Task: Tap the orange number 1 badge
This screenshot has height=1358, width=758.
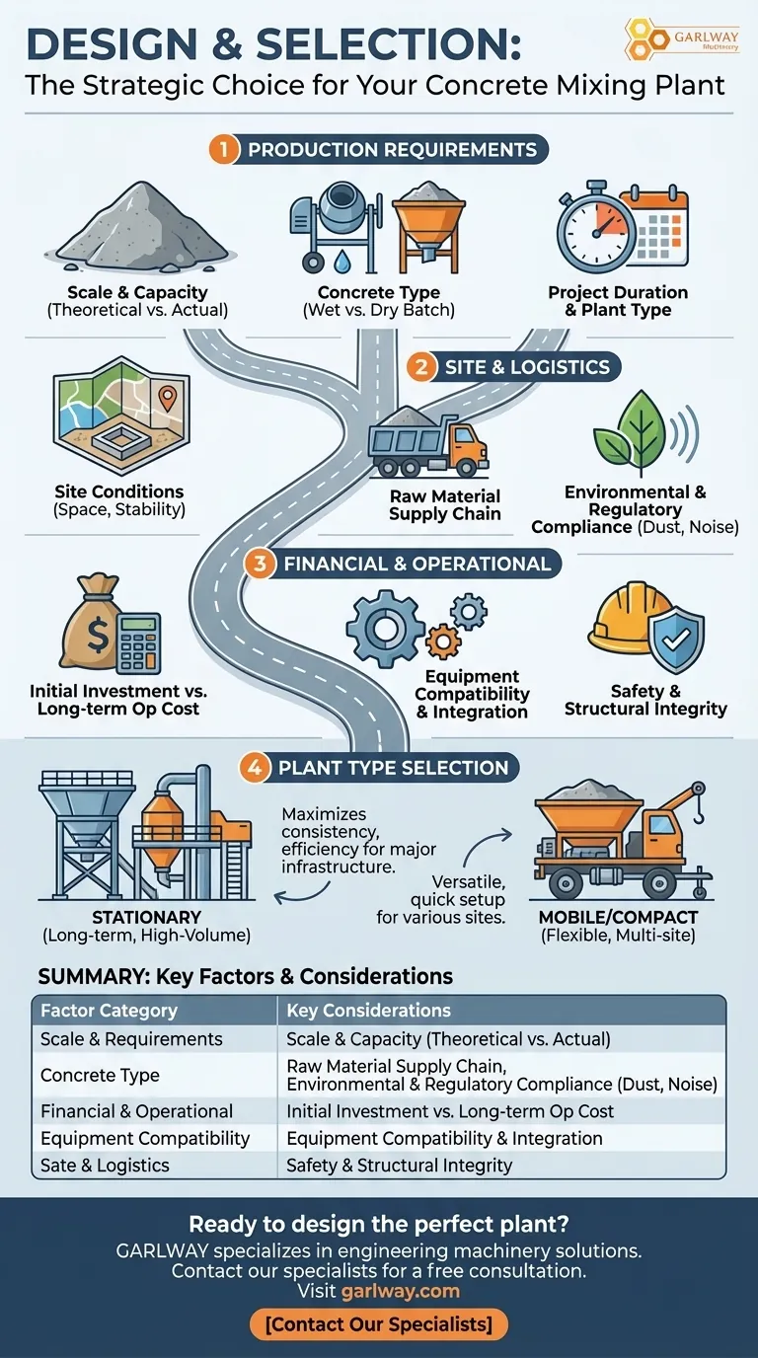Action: coord(225,150)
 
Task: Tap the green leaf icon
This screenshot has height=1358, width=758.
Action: coord(630,430)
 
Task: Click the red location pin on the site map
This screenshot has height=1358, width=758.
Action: coord(168,398)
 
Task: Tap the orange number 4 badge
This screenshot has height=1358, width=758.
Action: coord(255,768)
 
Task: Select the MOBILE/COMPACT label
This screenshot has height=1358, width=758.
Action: coord(618,917)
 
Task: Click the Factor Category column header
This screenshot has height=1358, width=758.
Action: coord(109,1011)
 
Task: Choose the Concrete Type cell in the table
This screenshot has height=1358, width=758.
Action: coord(100,1075)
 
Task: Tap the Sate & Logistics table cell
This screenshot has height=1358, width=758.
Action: coord(105,1166)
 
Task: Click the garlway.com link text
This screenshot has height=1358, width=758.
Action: coord(400,1291)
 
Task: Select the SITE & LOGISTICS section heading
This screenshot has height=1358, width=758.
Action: coord(526,367)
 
